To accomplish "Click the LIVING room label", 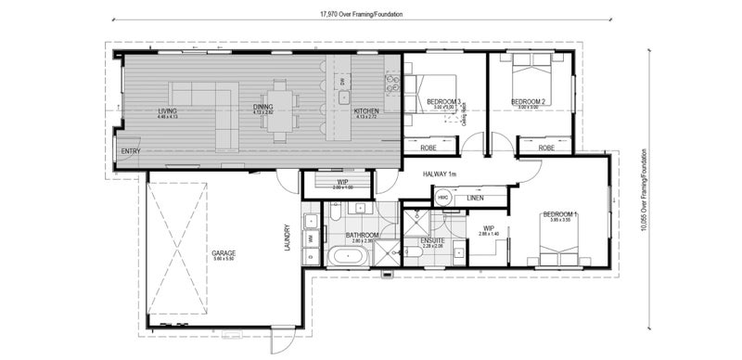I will pos(167,111).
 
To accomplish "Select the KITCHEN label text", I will pos(366,111).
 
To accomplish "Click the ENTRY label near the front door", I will pos(130,152).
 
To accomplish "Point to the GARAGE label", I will pos(223,252).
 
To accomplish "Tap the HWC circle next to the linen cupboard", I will pos(443,198).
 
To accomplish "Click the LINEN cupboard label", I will pos(475,198).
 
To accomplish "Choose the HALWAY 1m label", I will pos(441,174).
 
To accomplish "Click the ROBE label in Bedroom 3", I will pos(429,148).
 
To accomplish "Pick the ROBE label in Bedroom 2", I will pos(546,148).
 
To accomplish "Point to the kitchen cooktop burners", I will pos(392,84).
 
